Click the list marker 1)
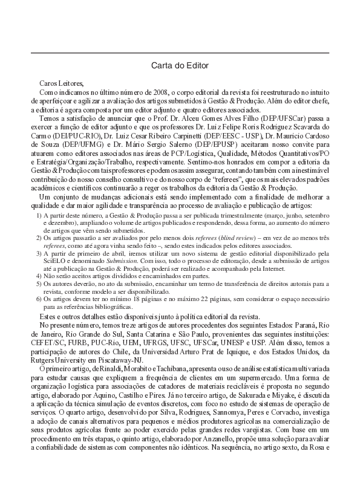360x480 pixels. coord(39,215)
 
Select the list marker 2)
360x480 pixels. coord(39,239)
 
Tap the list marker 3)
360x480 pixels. coord(39,255)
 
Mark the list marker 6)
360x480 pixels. coord(39,299)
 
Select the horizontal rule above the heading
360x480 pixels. coord(180,53)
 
